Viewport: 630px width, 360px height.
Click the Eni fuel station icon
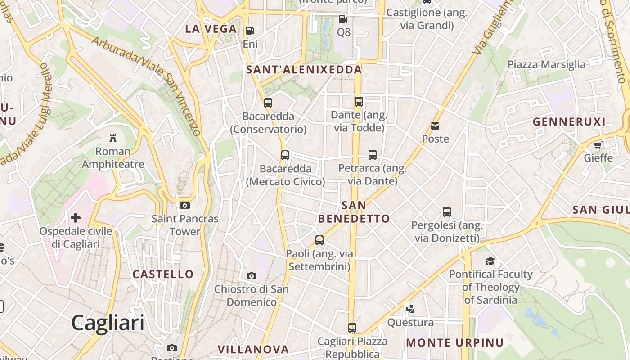click(x=250, y=31)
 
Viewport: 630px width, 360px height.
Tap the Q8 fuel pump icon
click(x=343, y=19)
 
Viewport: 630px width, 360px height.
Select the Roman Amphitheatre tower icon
click(x=113, y=138)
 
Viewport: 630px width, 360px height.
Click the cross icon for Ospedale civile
click(x=76, y=218)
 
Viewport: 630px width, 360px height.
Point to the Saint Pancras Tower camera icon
click(x=184, y=206)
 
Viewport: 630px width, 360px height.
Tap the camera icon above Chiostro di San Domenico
click(x=252, y=276)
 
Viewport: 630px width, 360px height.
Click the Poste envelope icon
click(x=435, y=126)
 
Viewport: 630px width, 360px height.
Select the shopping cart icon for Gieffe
click(x=598, y=145)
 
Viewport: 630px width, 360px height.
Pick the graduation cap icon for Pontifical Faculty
click(x=490, y=261)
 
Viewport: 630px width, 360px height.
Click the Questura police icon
click(x=410, y=309)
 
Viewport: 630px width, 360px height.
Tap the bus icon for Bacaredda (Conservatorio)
click(x=268, y=103)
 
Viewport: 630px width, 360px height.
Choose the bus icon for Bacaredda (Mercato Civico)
click(x=285, y=156)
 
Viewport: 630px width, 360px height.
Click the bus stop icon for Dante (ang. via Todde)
click(x=359, y=102)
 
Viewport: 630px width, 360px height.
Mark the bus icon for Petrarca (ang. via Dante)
click(x=373, y=155)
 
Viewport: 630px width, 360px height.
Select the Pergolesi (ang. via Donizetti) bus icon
click(x=447, y=212)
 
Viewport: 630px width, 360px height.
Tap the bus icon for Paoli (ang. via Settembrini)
click(x=319, y=240)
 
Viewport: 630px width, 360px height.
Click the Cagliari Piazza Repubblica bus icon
click(x=352, y=328)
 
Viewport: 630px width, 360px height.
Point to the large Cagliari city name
click(x=108, y=323)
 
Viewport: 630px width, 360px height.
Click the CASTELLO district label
click(x=163, y=274)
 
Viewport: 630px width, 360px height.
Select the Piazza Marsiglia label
click(x=546, y=64)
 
